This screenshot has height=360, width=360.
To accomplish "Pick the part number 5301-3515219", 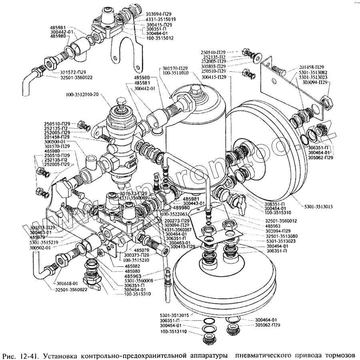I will [44, 242].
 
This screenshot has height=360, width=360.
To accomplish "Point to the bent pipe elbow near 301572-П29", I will [28, 82].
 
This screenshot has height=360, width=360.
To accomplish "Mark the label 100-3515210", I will [138, 260].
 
